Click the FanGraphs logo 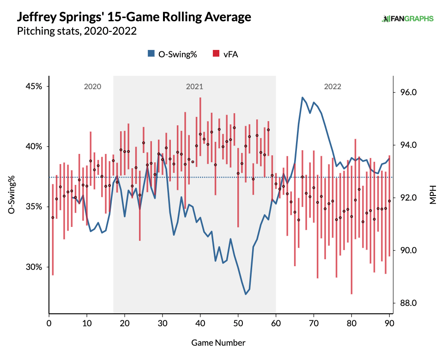click(x=408, y=19)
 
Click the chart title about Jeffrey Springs click(x=134, y=18)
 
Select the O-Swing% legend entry click(x=172, y=54)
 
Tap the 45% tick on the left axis click(x=33, y=86)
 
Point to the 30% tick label click(x=33, y=267)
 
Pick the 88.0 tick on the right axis click(x=408, y=303)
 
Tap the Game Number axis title click(x=218, y=342)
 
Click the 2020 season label click(x=92, y=86)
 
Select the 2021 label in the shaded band click(x=194, y=86)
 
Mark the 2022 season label click(x=332, y=86)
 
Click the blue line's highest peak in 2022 click(x=302, y=98)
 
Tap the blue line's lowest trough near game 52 click(x=246, y=294)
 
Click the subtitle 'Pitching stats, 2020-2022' click(x=77, y=31)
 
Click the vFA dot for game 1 click(x=53, y=217)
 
